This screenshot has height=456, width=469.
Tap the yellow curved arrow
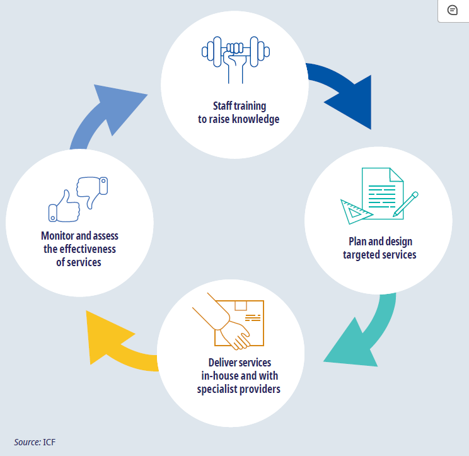click(120, 341)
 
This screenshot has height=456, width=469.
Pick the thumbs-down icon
click(92, 189)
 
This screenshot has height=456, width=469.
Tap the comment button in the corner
click(452, 11)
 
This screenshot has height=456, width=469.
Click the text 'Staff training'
click(239, 106)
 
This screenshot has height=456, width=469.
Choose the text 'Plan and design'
click(380, 242)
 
